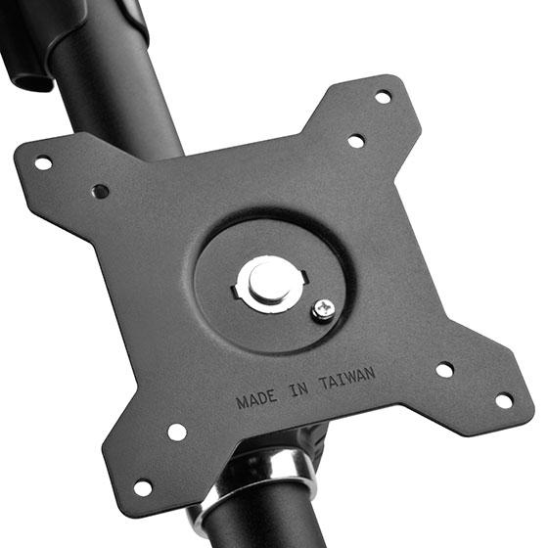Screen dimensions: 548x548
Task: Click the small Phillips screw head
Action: [x=322, y=310]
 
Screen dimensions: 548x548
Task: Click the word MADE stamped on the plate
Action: [x=257, y=399]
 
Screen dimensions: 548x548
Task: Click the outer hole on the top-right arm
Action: [x=383, y=97]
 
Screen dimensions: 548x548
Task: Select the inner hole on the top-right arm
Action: [x=356, y=141]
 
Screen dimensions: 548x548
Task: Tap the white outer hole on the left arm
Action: [x=43, y=162]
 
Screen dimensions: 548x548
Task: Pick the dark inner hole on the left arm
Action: [x=100, y=192]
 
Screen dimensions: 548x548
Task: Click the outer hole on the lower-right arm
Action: [x=503, y=400]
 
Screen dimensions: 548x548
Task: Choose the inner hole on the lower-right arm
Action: [x=444, y=370]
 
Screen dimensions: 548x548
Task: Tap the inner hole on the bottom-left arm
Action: [x=177, y=432]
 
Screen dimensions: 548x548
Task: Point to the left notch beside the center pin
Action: [x=237, y=290]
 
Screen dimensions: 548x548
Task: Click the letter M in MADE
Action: [x=242, y=402]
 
